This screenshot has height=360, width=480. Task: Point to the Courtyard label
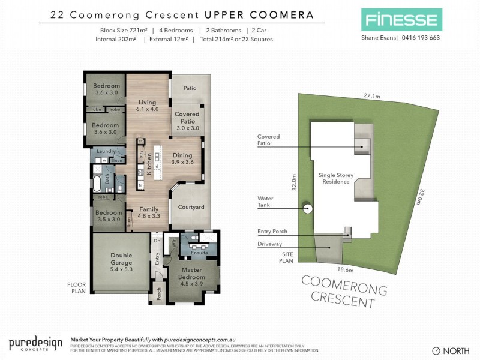[x=191, y=207]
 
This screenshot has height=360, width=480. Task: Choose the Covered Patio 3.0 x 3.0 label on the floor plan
[x=187, y=121]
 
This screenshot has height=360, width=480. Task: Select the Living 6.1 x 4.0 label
[x=148, y=106]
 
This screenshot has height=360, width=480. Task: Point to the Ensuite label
[x=199, y=253]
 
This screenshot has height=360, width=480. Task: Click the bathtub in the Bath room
[x=97, y=182]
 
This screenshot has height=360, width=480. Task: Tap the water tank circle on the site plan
[x=308, y=209]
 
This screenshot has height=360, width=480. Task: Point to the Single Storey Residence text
[x=335, y=178]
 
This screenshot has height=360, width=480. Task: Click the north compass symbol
[x=436, y=350]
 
